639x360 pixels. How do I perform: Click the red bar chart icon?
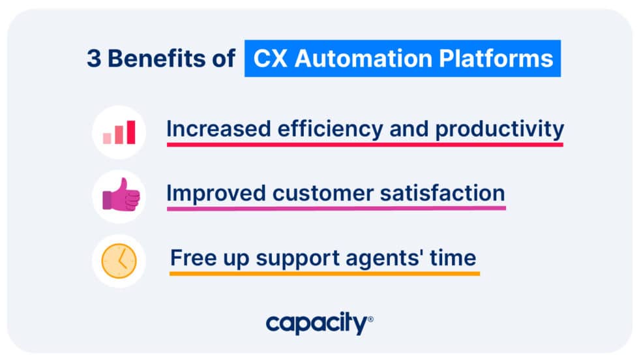click(x=119, y=132)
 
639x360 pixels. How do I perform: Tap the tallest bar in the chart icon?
click(x=130, y=132)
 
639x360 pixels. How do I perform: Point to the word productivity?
click(x=499, y=129)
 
